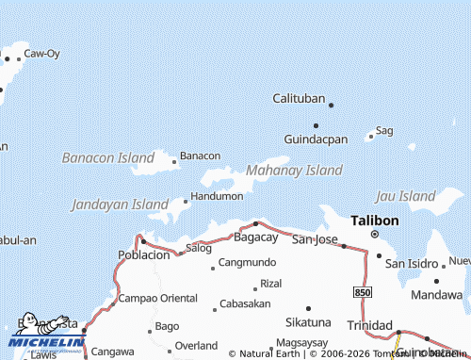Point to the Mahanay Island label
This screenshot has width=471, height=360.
(x=293, y=171)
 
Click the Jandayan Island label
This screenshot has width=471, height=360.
(x=120, y=204)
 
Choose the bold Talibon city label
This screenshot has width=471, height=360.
(x=374, y=220)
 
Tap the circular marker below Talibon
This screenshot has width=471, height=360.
(x=374, y=234)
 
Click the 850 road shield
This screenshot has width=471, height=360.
(x=364, y=294)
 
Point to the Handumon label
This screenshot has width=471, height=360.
(x=217, y=196)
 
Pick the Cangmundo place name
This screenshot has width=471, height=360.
(x=247, y=262)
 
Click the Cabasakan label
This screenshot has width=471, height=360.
(x=245, y=303)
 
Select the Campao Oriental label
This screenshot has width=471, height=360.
(x=158, y=298)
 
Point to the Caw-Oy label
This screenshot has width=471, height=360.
(x=41, y=55)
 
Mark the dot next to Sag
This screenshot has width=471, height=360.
(x=370, y=136)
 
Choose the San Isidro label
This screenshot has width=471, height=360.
(x=412, y=262)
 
